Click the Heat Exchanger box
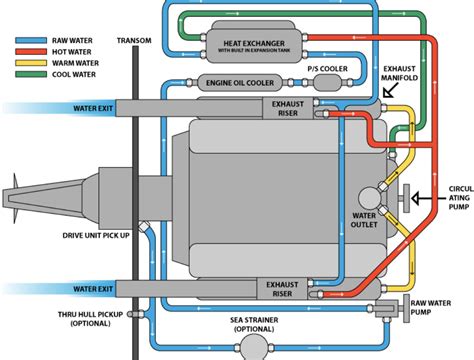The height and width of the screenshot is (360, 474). (x=256, y=44)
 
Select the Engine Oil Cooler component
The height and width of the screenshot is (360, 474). (x=240, y=83)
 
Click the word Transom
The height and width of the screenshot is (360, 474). (x=135, y=41)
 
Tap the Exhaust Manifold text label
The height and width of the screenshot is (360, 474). (x=419, y=76)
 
